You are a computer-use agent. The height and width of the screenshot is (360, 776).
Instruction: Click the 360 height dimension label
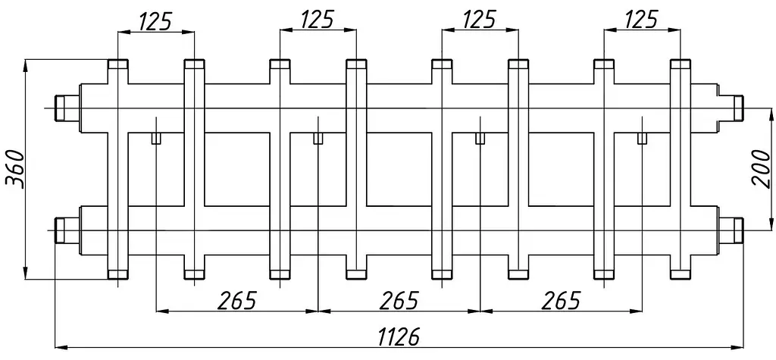[x=15, y=168]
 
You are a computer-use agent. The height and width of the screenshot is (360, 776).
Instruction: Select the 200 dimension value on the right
[x=761, y=169]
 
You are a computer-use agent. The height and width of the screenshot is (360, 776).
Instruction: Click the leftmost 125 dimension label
[x=155, y=20]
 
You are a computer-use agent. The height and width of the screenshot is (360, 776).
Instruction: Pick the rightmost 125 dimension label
[x=641, y=20]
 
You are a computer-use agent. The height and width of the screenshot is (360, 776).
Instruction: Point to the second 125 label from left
[x=318, y=20]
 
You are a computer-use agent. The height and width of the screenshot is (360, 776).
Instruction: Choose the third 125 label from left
[x=479, y=20]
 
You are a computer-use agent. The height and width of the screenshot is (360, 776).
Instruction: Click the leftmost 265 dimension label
[x=237, y=300]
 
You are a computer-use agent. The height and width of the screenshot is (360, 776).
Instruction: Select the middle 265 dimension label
[x=399, y=300]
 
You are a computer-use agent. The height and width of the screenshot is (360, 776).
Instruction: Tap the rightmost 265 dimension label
[x=561, y=300]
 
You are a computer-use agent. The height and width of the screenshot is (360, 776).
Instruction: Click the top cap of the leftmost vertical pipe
[x=117, y=64]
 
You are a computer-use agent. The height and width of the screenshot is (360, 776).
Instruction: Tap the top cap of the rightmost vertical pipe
[x=680, y=64]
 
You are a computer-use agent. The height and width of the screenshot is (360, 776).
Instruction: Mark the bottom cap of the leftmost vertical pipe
[x=117, y=274]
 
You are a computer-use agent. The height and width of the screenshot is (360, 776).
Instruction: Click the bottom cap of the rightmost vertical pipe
[x=680, y=274]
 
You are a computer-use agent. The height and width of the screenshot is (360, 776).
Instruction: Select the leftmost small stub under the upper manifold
[x=156, y=138]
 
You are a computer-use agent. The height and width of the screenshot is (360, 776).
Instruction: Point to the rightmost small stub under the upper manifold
[x=642, y=138]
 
